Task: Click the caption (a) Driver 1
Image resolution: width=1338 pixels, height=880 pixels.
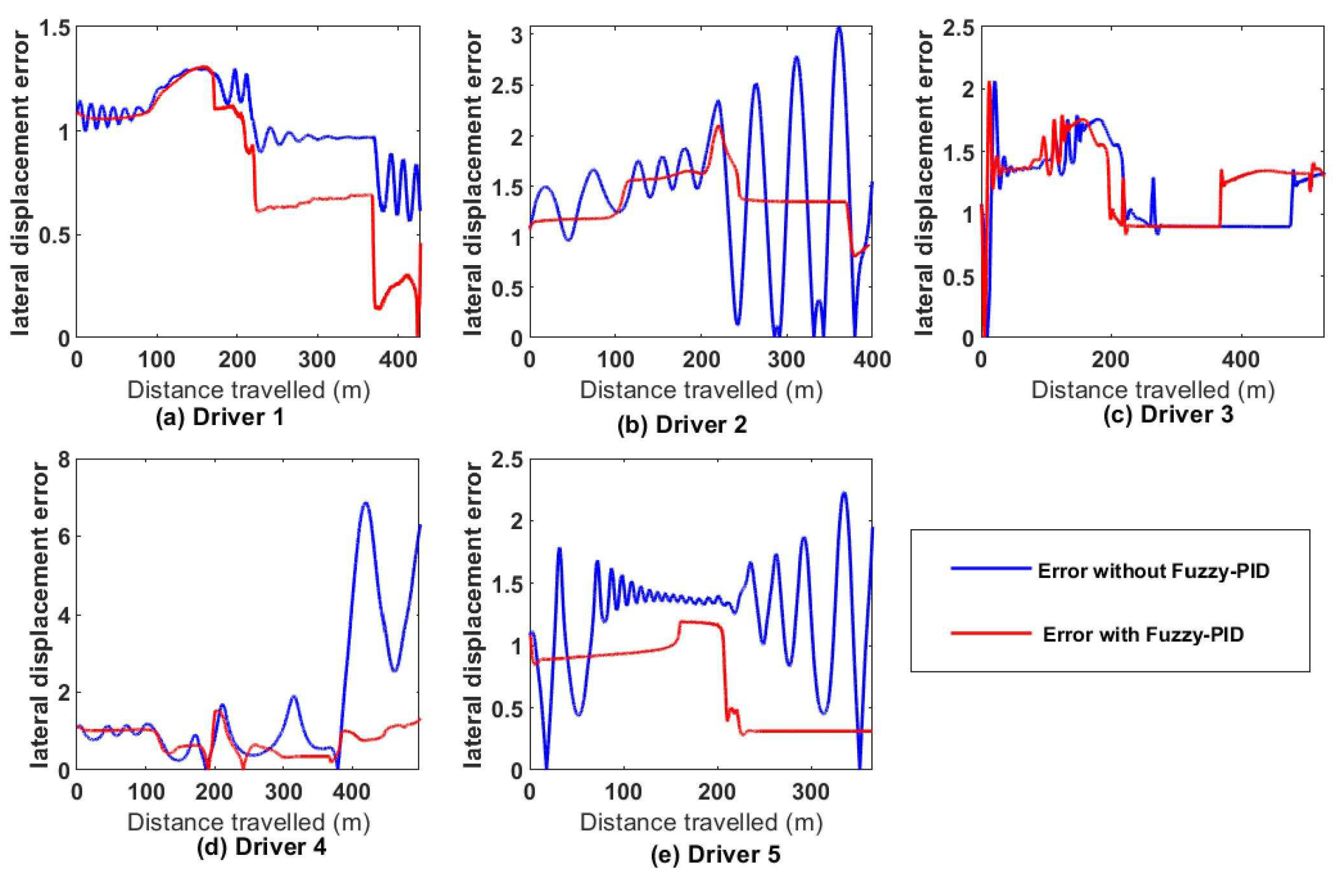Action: click(x=220, y=418)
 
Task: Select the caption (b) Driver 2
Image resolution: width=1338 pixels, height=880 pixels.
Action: click(x=682, y=425)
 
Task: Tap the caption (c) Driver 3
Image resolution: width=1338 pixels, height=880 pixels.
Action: click(x=1168, y=415)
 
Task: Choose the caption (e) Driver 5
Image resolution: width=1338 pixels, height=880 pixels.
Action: click(x=715, y=855)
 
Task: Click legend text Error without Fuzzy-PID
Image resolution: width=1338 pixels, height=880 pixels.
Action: click(x=1145, y=572)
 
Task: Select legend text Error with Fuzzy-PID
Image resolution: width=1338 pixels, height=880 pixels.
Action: click(x=1143, y=635)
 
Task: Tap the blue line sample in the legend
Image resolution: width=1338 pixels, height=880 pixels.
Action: click(x=991, y=568)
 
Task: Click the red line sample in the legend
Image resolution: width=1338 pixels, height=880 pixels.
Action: click(x=991, y=633)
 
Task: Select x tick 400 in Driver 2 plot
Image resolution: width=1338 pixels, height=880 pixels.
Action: click(x=871, y=360)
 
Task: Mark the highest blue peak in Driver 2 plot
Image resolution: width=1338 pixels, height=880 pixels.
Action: click(x=838, y=28)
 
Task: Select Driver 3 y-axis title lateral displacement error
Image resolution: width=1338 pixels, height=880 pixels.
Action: click(x=924, y=184)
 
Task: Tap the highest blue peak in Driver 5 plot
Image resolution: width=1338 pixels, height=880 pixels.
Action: click(x=844, y=494)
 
